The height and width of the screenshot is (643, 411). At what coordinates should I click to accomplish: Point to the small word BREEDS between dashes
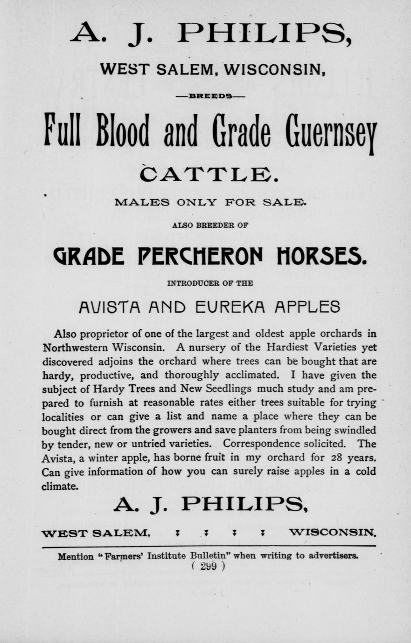click(209, 96)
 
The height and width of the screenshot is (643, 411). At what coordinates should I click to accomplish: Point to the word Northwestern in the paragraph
click(76, 348)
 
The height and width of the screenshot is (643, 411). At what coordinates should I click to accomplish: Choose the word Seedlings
click(227, 389)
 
